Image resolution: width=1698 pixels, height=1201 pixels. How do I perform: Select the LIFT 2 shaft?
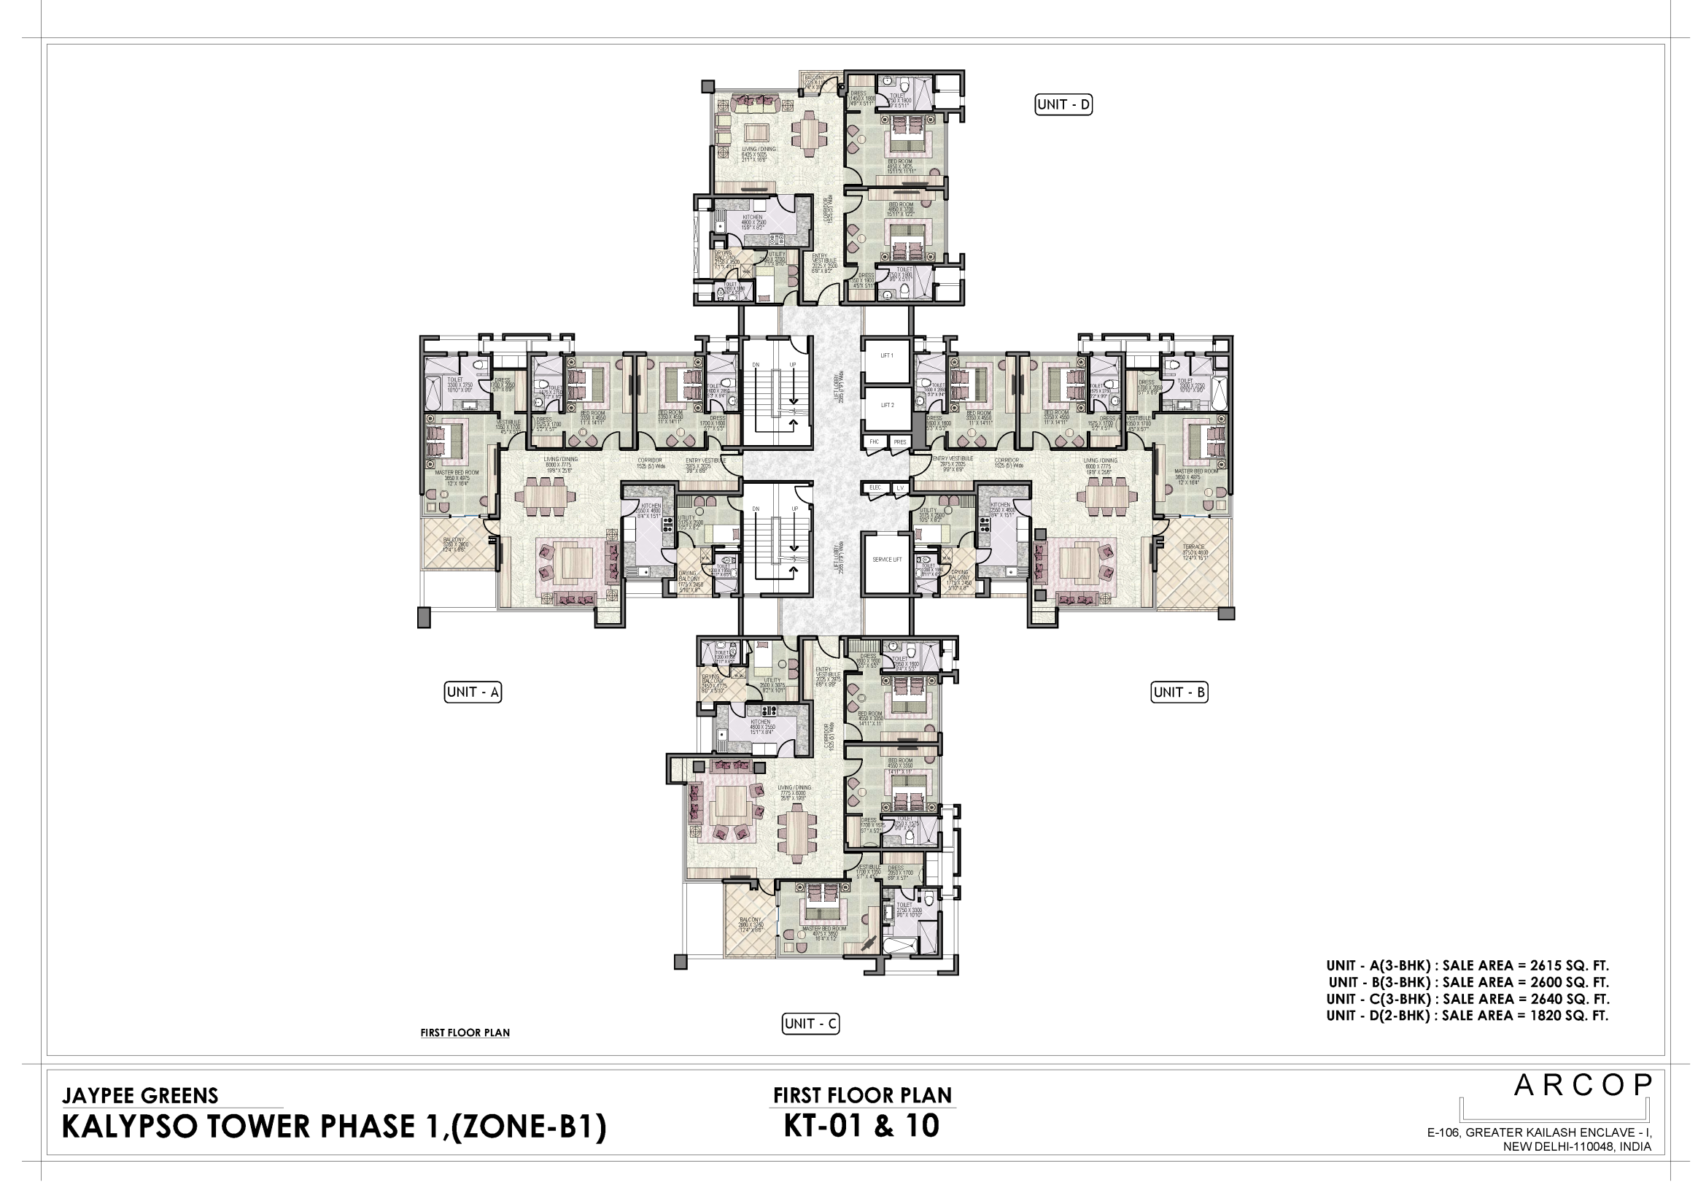click(886, 406)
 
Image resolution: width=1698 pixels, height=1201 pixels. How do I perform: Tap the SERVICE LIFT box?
click(886, 560)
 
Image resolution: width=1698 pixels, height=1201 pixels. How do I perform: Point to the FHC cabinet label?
click(874, 441)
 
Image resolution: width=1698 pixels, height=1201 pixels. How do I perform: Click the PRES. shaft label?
click(899, 441)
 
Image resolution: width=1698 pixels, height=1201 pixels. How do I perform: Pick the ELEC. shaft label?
click(875, 487)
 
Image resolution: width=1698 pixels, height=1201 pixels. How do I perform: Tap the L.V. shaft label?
click(900, 487)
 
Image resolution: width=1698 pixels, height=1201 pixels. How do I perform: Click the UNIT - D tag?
click(1063, 105)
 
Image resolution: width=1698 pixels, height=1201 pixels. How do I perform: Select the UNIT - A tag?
click(473, 692)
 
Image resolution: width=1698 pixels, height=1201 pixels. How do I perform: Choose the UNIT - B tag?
click(1179, 692)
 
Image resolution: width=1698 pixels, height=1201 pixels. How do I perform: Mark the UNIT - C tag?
click(810, 1024)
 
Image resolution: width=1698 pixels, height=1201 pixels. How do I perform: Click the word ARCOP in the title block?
click(1582, 1086)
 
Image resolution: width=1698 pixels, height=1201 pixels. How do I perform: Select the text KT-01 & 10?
click(861, 1127)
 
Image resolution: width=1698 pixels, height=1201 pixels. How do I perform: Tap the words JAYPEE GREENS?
click(141, 1095)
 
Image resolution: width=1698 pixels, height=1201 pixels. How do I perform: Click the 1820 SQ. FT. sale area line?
click(1468, 1016)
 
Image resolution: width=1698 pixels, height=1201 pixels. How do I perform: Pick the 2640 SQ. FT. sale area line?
click(1468, 1000)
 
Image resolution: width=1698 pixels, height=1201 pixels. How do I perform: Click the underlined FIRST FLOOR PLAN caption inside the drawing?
click(465, 1033)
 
